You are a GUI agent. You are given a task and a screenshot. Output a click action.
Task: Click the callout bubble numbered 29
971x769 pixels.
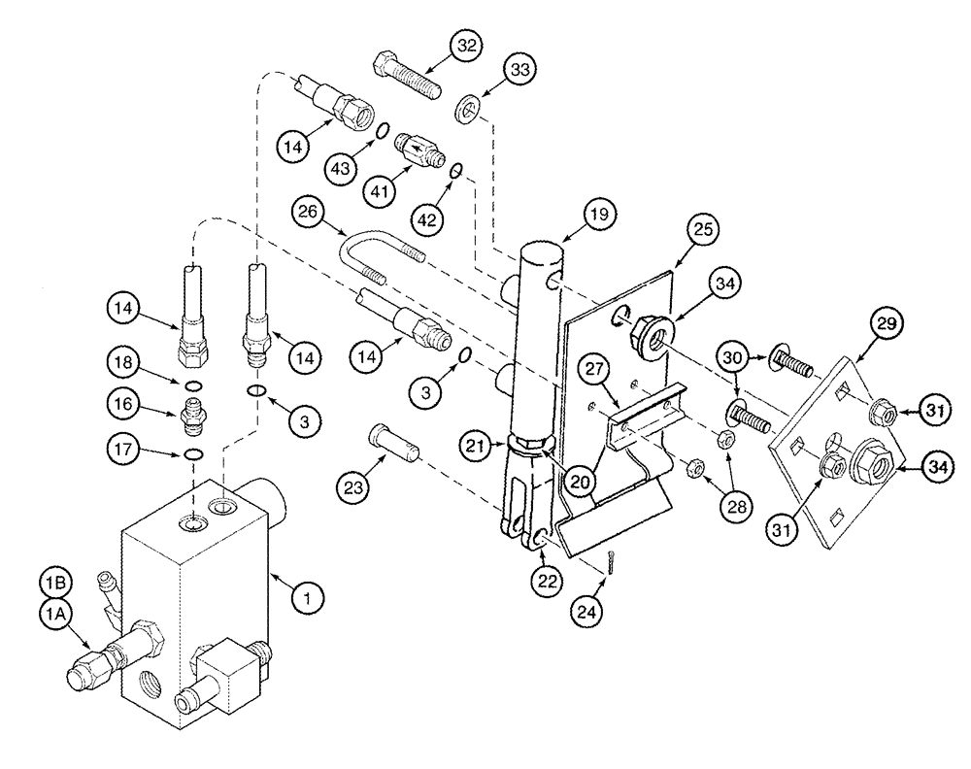tap(889, 323)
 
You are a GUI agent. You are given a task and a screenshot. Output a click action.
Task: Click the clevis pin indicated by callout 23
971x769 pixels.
tap(393, 449)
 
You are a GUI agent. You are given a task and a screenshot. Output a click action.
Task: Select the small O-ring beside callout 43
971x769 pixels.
tap(383, 131)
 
